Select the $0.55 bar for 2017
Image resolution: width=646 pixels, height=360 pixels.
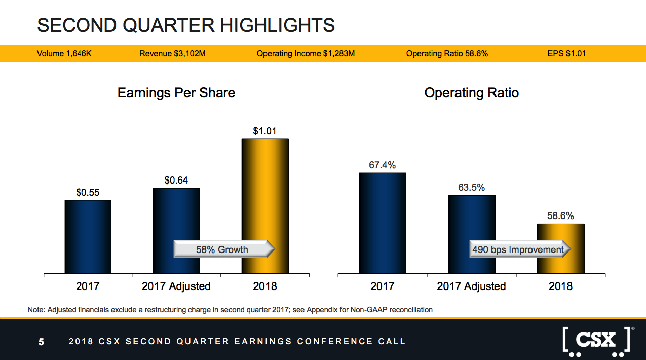click(x=88, y=237)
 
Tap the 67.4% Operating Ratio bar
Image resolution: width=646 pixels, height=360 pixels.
click(x=383, y=223)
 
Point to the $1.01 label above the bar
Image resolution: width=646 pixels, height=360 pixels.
click(x=265, y=131)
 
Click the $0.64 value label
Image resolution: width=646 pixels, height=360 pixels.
click(x=176, y=180)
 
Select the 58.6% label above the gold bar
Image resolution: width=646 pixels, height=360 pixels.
click(x=560, y=215)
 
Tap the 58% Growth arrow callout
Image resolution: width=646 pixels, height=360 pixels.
click(x=224, y=249)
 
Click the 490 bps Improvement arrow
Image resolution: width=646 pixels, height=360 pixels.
click(x=520, y=249)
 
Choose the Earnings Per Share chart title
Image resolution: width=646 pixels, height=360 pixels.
click(x=176, y=93)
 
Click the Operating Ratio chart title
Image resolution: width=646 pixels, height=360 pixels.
click(x=472, y=93)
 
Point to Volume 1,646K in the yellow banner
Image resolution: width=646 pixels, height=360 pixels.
click(x=64, y=53)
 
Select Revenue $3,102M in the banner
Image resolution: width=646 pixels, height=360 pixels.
click(x=172, y=53)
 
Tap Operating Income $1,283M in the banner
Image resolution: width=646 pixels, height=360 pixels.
click(x=306, y=53)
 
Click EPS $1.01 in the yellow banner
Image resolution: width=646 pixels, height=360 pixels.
click(x=566, y=53)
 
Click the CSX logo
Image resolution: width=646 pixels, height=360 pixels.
click(x=596, y=341)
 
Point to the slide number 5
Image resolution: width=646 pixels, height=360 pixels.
click(x=41, y=342)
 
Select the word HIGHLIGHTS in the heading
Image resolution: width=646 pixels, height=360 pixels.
click(x=278, y=25)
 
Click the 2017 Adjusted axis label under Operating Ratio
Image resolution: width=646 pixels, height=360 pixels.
click(x=471, y=286)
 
